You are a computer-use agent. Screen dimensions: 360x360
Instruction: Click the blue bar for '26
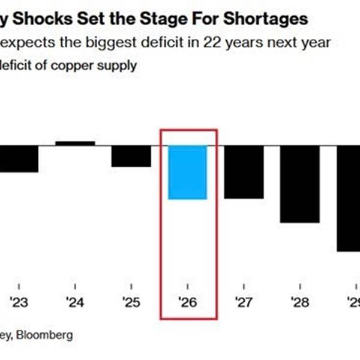click(x=187, y=172)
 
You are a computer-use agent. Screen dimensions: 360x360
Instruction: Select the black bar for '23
click(x=18, y=159)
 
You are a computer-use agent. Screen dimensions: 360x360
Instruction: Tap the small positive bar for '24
click(x=75, y=143)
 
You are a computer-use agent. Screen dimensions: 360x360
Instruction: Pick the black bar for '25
click(x=131, y=156)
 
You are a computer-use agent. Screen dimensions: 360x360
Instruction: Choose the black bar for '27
click(x=244, y=172)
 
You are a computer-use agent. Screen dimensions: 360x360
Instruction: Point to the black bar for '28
click(x=299, y=184)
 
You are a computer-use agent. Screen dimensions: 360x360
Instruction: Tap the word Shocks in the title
click(x=38, y=19)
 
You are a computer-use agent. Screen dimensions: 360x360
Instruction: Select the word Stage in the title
click(x=158, y=19)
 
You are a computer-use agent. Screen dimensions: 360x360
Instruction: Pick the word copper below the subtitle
click(x=71, y=65)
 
